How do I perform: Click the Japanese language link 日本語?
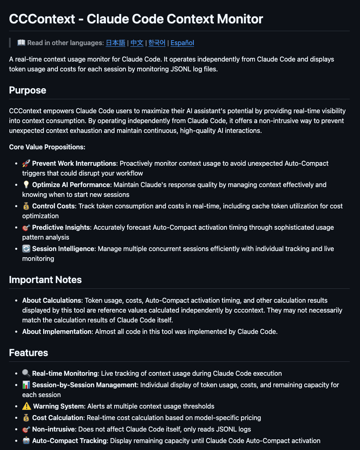pos(115,43)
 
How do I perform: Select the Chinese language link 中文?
pos(137,43)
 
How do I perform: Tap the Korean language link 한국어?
pos(157,43)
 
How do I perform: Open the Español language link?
pos(182,43)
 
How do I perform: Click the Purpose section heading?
pos(28,90)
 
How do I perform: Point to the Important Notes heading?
pos(45,280)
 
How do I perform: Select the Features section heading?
pos(28,353)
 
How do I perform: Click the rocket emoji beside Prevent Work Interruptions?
pos(26,163)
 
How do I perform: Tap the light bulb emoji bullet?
pos(26,185)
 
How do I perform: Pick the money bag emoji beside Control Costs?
pos(26,206)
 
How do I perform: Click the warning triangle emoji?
pos(26,406)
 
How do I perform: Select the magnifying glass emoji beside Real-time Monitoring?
pos(26,373)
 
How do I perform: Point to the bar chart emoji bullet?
pos(26,385)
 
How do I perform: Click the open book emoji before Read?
pos(21,43)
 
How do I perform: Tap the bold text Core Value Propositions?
pos(47,147)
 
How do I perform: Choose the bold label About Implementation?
pos(57,331)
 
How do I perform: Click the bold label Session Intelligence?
pos(63,249)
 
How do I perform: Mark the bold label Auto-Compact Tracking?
pos(69,441)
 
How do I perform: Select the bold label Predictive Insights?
pos(61,227)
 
